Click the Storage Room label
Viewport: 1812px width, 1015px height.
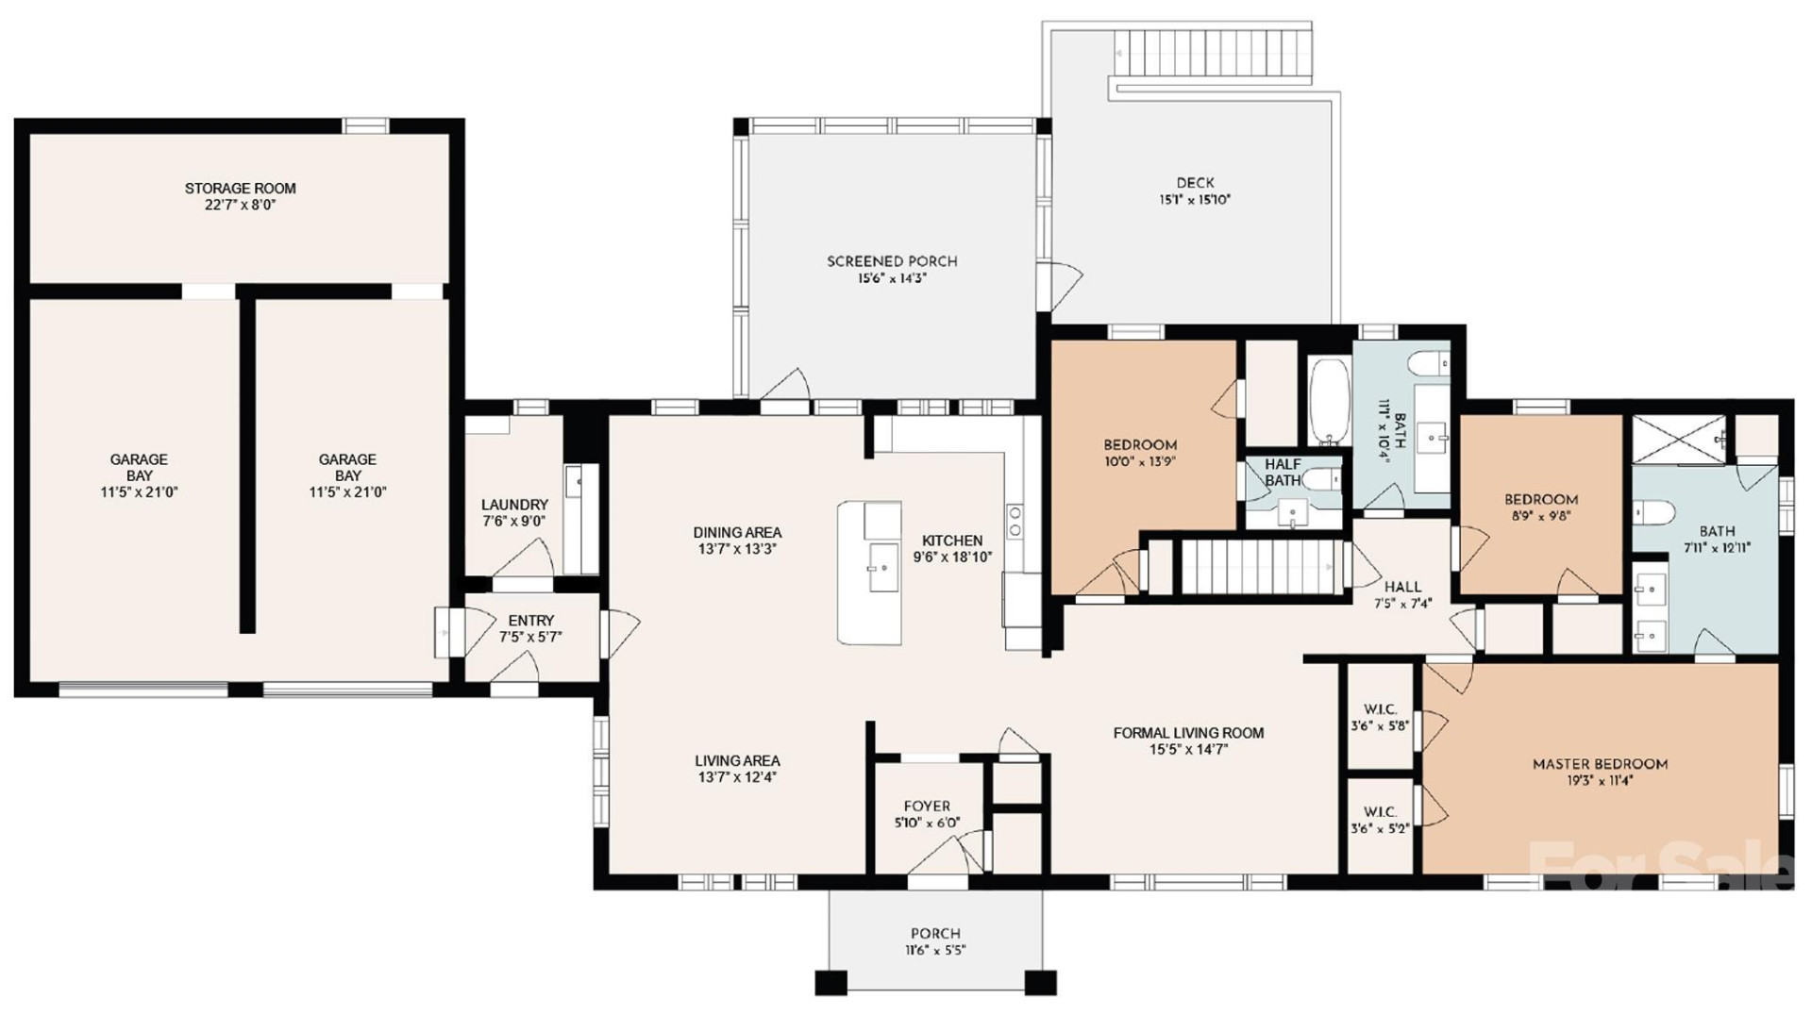240,189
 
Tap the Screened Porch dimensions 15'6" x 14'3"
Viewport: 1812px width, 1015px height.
892,278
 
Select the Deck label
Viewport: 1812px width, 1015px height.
1195,183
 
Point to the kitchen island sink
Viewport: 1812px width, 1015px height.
883,567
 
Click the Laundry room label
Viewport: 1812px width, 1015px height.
514,506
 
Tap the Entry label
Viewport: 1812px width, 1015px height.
530,621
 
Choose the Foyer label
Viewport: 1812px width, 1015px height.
927,807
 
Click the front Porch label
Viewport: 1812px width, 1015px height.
935,934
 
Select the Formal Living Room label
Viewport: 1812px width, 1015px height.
1188,733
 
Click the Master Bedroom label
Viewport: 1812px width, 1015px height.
1600,764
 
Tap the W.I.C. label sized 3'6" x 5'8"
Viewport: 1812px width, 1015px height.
1380,709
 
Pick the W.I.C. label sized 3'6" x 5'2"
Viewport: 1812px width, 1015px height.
1380,812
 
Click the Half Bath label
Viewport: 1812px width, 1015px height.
1283,473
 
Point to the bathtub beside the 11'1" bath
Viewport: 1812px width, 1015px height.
1330,401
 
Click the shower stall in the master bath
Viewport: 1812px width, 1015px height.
1679,440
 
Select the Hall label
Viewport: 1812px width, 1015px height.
1402,587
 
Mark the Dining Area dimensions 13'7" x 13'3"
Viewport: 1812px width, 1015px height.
737,549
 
